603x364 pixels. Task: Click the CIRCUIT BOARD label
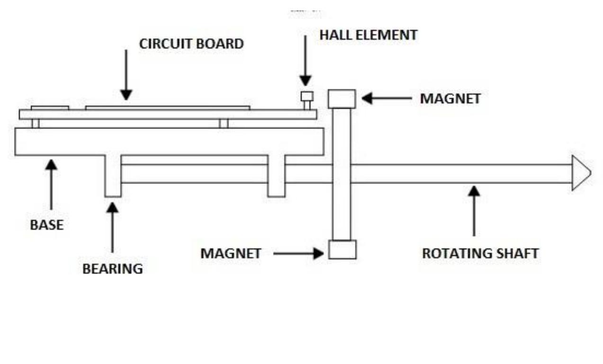(191, 44)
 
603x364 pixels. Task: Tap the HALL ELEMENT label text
(369, 35)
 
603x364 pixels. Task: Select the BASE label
(47, 225)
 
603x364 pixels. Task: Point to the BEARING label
(113, 269)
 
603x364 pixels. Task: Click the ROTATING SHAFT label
(480, 253)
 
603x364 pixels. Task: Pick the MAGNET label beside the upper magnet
(450, 99)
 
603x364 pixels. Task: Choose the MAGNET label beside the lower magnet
(231, 253)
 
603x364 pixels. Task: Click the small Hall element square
(307, 96)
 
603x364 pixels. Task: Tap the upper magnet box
(342, 99)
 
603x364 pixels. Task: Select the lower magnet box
(342, 250)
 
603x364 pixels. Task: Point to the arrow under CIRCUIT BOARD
(126, 75)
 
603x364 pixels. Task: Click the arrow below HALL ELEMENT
(305, 61)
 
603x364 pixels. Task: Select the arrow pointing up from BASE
(51, 184)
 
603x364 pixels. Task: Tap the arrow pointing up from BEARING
(112, 227)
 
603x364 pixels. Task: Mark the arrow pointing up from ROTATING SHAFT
(474, 211)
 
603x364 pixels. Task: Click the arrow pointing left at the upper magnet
(387, 98)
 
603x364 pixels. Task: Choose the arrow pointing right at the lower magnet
(298, 253)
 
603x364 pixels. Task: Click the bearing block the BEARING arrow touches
(113, 176)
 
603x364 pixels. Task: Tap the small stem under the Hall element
(307, 105)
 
